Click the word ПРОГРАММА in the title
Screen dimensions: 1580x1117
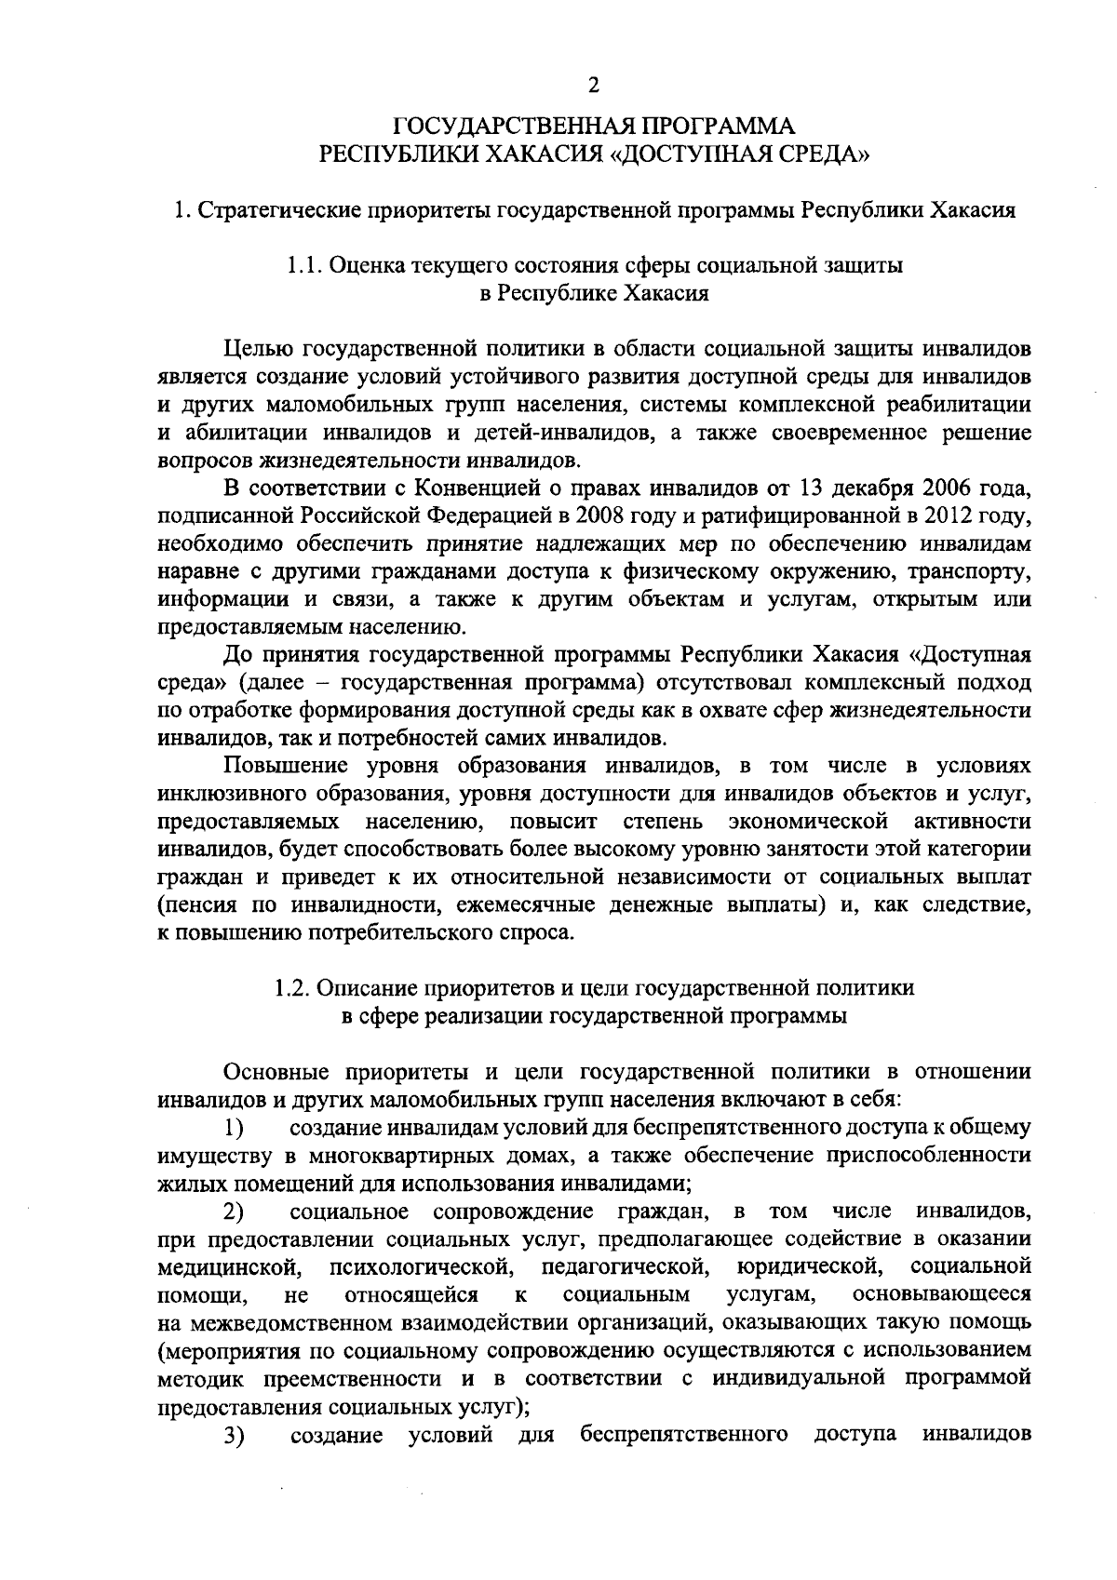[711, 125]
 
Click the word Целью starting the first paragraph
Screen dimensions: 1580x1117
[258, 349]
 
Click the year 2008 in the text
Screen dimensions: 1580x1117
[601, 515]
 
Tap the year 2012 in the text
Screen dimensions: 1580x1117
[949, 515]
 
